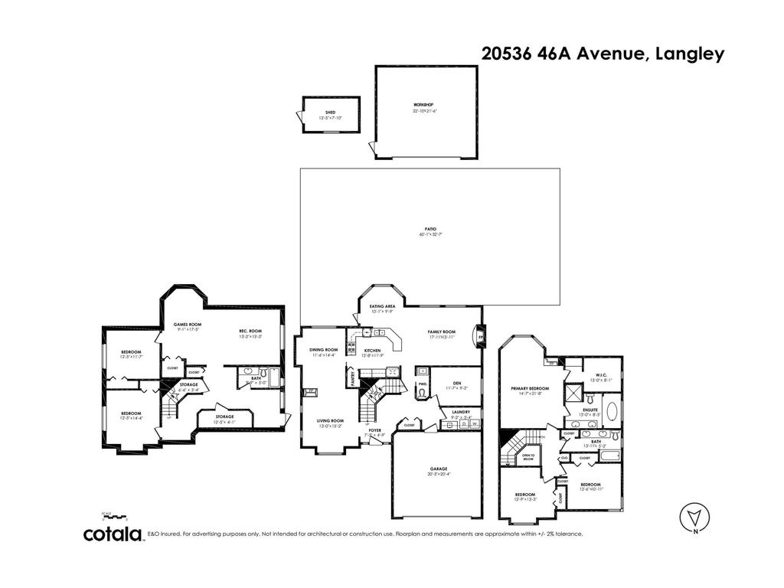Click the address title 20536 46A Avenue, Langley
coord(603,54)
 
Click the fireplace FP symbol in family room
coord(479,335)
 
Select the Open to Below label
coord(528,457)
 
